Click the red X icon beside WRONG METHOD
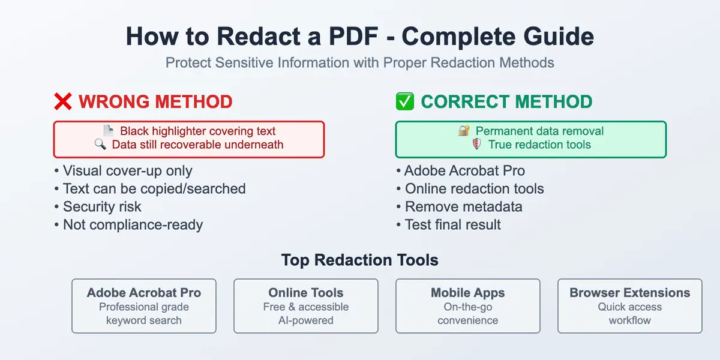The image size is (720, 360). [63, 102]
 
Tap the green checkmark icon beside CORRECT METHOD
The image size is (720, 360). [405, 102]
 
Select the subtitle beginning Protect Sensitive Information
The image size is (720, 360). [360, 62]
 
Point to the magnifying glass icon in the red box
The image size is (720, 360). [101, 145]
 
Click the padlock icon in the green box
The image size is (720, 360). [464, 131]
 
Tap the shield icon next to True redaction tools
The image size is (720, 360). [477, 145]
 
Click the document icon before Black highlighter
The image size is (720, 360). [108, 131]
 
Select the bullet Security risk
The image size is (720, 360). [102, 206]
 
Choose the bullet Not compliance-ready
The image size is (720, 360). [133, 224]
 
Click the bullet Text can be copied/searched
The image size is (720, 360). [154, 188]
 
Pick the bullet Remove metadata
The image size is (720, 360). [463, 206]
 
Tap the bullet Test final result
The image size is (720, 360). [452, 224]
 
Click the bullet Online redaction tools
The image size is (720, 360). [474, 188]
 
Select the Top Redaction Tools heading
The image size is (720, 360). [360, 260]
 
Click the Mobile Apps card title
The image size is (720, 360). [468, 293]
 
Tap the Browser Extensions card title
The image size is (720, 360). [630, 293]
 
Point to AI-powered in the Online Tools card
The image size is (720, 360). [306, 320]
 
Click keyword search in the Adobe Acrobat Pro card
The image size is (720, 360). [144, 320]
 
